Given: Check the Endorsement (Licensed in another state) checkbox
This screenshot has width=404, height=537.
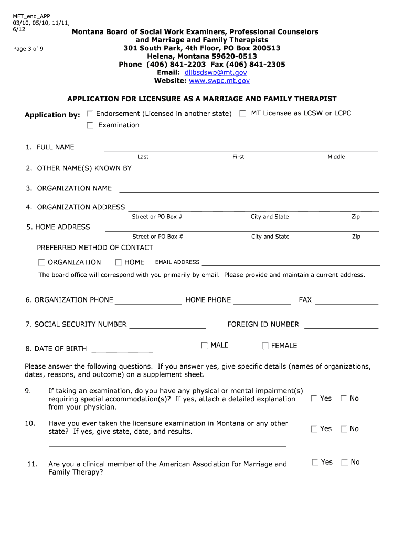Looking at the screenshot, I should [90, 114].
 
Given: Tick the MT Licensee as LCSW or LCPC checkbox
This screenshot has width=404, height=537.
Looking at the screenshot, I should [243, 113].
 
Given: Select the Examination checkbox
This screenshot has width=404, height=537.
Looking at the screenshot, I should [90, 125].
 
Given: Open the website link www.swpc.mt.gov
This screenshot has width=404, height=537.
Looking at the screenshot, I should [219, 81].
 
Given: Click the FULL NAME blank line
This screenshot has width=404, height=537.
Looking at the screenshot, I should [241, 148].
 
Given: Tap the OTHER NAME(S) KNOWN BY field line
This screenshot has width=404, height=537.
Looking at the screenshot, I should [259, 169].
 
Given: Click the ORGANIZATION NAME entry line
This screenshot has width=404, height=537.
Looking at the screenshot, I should [249, 189].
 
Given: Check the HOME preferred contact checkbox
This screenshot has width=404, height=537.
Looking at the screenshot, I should [118, 262].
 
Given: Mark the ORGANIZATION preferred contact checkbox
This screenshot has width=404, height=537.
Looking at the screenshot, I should [41, 262].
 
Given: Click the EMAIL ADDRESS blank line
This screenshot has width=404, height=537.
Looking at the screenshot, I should [291, 263].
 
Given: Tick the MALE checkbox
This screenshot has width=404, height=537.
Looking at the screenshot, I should [205, 345].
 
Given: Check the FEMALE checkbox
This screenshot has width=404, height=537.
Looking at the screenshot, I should [265, 346].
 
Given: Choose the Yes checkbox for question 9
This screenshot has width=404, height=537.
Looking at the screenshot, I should [314, 399].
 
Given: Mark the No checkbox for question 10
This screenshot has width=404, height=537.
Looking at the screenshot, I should [344, 429].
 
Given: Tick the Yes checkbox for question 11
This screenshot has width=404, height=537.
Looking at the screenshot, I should [315, 462].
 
